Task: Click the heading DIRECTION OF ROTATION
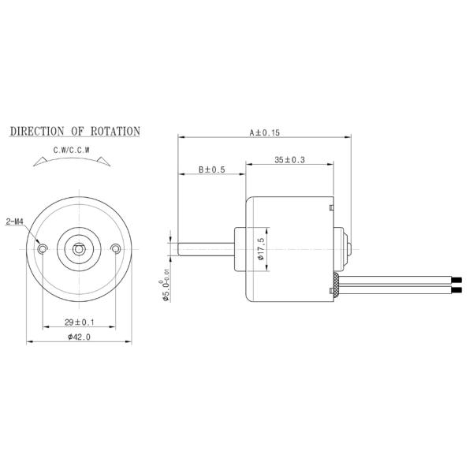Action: tap(75, 131)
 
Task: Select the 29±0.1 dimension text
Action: tap(79, 322)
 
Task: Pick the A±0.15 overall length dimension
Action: tap(265, 133)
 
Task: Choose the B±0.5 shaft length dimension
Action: tap(211, 169)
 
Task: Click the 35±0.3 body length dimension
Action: tap(289, 161)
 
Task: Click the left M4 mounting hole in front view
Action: tap(43, 249)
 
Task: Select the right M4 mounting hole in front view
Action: tap(116, 249)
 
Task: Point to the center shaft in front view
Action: tap(79, 249)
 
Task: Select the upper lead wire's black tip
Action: tap(455, 279)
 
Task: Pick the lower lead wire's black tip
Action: tap(455, 291)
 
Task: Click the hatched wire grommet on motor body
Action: tap(337, 284)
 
